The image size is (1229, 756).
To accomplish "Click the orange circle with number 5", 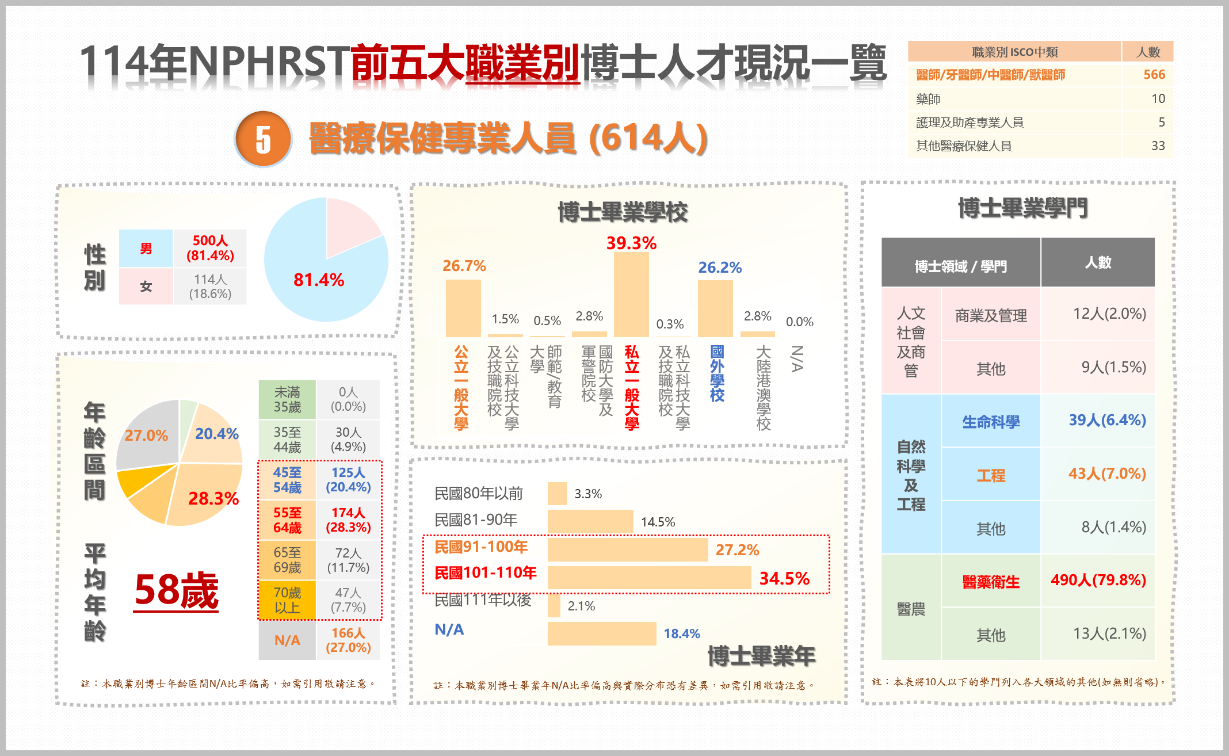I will click(264, 139).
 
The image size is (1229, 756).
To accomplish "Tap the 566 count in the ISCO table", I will click(1154, 75).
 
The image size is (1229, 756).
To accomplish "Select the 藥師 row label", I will click(928, 99).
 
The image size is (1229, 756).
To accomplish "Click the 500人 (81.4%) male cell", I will click(210, 248).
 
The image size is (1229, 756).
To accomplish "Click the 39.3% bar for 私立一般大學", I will click(631, 295).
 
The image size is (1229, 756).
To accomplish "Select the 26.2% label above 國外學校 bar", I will click(720, 268).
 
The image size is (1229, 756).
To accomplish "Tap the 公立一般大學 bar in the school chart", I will click(463, 308).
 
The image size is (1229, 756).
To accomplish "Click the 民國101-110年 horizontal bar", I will click(649, 578).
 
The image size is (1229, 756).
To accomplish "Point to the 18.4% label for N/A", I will click(682, 633).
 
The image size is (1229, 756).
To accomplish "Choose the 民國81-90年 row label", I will click(476, 520).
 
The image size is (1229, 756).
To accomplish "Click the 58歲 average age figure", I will click(177, 591).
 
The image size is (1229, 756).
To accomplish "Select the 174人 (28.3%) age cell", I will click(348, 520).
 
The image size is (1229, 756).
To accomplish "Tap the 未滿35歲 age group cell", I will click(287, 400).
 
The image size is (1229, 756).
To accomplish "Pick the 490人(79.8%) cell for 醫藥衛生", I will click(1098, 580).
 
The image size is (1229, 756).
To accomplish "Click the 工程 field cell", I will click(991, 475).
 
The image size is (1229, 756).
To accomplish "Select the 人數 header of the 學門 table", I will click(1098, 262).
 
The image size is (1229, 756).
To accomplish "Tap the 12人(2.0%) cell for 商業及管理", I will click(1109, 314).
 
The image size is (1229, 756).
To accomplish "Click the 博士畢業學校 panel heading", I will click(623, 212).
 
